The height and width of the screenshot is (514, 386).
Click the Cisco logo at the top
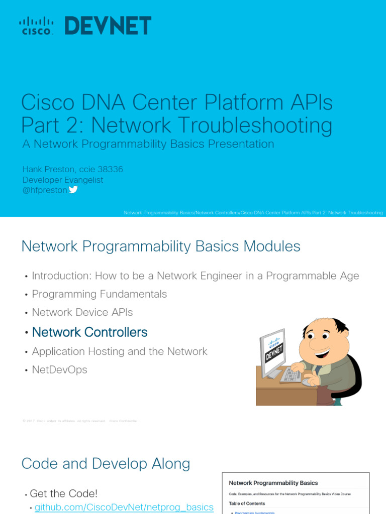[x=36, y=26]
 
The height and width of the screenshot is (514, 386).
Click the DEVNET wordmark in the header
[x=108, y=26]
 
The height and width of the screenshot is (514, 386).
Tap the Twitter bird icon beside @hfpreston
[x=73, y=190]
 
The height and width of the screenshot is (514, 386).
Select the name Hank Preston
[x=54, y=170]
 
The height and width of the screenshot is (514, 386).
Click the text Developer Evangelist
[x=63, y=180]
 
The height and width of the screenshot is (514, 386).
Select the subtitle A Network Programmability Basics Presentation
[x=148, y=144]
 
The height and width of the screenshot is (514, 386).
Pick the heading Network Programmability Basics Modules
[x=161, y=246]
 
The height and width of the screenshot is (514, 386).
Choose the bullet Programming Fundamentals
[x=100, y=294]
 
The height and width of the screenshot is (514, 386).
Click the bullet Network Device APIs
[x=82, y=312]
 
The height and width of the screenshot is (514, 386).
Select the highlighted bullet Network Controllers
[x=89, y=332]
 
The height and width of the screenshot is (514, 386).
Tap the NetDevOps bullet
[x=60, y=370]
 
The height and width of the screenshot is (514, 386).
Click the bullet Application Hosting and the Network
[x=120, y=351]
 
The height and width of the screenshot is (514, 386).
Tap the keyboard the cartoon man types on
[x=292, y=374]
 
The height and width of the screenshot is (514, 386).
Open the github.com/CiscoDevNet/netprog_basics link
[x=124, y=507]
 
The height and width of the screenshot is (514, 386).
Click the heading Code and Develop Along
[x=106, y=464]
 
